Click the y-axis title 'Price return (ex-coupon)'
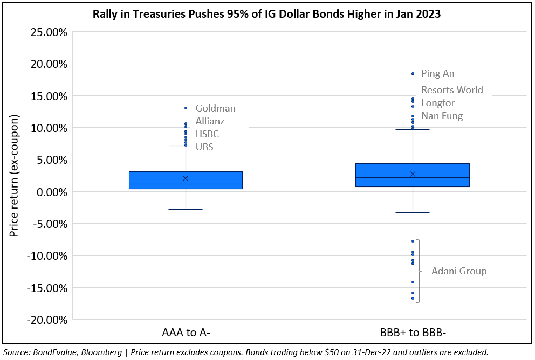pyautogui.click(x=14, y=175)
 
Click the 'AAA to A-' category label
pyautogui.click(x=186, y=333)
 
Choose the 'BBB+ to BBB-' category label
pyautogui.click(x=413, y=333)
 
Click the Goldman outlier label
pyautogui.click(x=215, y=108)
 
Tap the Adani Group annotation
pyautogui.click(x=459, y=271)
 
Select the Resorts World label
pyautogui.click(x=452, y=90)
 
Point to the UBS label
pyautogui.click(x=204, y=147)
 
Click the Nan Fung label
pyautogui.click(x=442, y=116)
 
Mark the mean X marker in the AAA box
pyautogui.click(x=186, y=178)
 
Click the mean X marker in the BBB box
pyautogui.click(x=413, y=174)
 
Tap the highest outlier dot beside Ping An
pyautogui.click(x=413, y=74)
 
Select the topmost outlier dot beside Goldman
pyautogui.click(x=186, y=108)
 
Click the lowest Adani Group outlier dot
pyautogui.click(x=413, y=299)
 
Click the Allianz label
pyautogui.click(x=210, y=122)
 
